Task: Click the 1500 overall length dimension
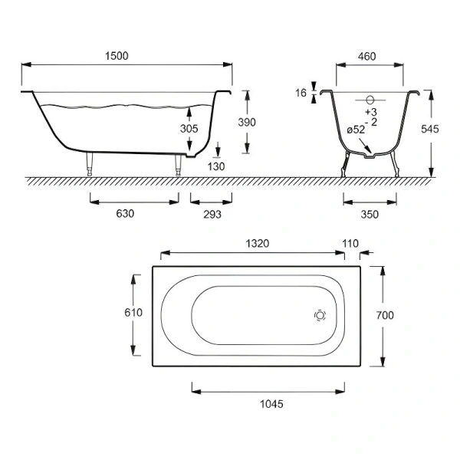[x=117, y=56]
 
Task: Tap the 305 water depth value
[x=189, y=129]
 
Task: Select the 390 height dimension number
[x=247, y=122]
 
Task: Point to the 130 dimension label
[x=216, y=166]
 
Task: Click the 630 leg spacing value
[x=125, y=214]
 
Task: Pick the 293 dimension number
[x=212, y=215]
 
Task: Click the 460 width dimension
[x=366, y=56]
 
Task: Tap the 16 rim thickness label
[x=301, y=93]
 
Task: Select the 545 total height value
[x=430, y=129]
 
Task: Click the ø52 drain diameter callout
[x=356, y=130]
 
